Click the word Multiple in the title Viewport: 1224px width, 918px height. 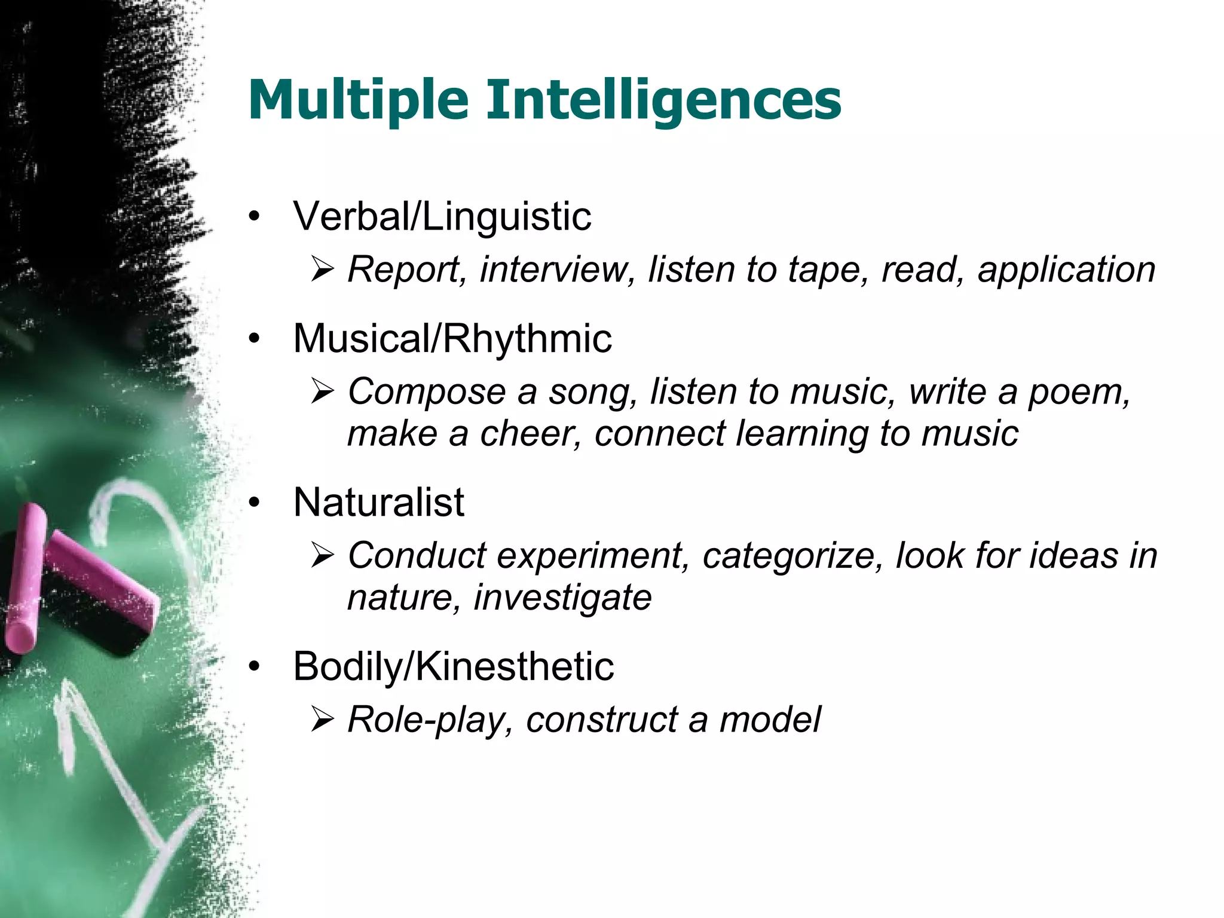tap(357, 101)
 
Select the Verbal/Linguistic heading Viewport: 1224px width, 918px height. tap(442, 216)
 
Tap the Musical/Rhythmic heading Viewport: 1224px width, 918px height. tap(452, 339)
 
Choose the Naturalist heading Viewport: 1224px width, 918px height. tap(379, 503)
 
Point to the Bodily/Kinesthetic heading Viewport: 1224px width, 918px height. tap(454, 666)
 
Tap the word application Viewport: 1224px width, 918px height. tap(1066, 270)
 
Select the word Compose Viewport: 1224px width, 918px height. tap(427, 393)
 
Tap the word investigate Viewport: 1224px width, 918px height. tap(562, 598)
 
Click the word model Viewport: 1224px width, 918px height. tap(770, 720)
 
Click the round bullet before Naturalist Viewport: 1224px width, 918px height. tap(255, 503)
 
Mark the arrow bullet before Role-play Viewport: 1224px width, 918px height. tap(322, 720)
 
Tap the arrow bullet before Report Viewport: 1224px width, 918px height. tap(322, 270)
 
